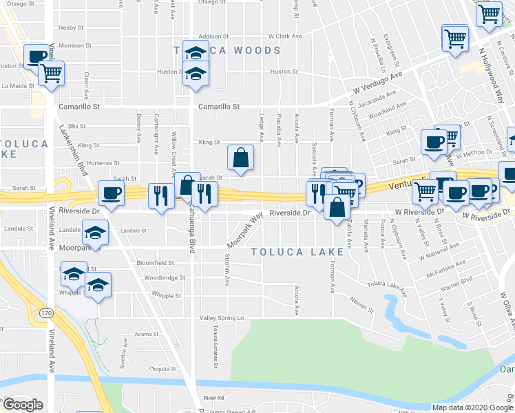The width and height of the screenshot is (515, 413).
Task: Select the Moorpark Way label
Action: point(246,231)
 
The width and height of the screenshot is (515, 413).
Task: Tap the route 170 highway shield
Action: point(45,313)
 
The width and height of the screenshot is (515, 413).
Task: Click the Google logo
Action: point(23,405)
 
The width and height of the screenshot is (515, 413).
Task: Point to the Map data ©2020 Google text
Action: point(472,407)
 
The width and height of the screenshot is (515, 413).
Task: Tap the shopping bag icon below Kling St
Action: point(240,158)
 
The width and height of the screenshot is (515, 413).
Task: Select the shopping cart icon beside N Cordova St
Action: point(489,13)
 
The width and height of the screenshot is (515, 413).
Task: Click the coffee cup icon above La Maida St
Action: point(37,57)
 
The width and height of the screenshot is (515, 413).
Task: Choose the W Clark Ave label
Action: point(285,36)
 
